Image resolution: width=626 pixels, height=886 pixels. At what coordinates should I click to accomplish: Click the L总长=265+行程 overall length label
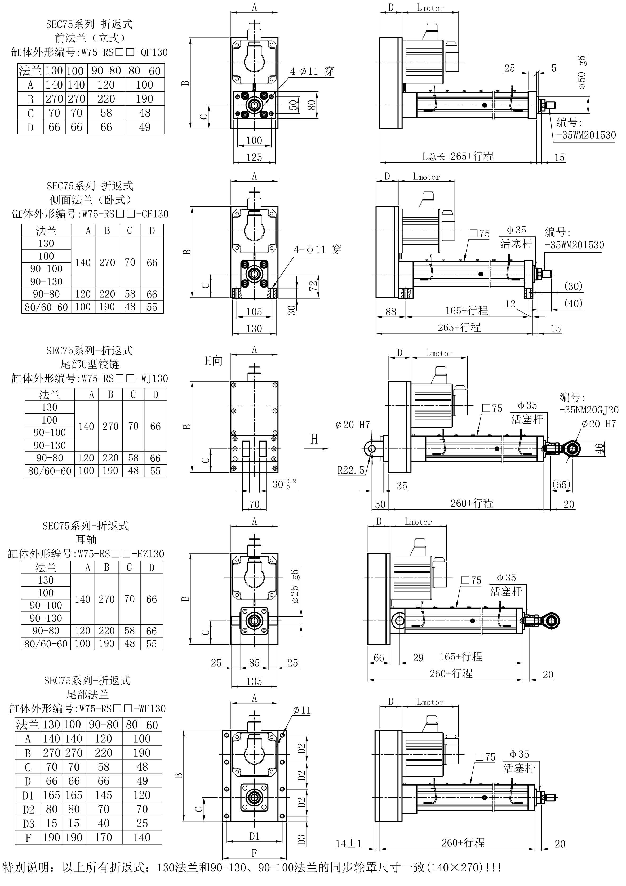pos(458,156)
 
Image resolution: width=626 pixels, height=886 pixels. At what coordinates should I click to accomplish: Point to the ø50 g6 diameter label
pos(582,73)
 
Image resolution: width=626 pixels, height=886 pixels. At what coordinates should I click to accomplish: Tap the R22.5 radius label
pos(351,470)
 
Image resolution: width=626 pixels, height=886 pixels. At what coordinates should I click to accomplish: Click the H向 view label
pos(214,361)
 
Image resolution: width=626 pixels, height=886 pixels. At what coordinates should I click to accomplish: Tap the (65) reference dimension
pos(561,484)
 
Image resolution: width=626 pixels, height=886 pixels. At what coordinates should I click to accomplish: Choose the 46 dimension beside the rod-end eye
pos(599,449)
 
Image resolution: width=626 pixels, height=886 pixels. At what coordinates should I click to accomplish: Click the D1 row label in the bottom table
pos(28,796)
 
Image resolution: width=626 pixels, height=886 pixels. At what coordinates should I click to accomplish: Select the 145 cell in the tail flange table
pos(103,795)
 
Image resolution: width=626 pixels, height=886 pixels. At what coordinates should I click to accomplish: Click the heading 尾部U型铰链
pos(90,364)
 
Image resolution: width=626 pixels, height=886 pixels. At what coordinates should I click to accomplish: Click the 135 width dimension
pos(254,681)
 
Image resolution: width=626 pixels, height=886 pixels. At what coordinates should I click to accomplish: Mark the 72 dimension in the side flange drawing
pos(313,285)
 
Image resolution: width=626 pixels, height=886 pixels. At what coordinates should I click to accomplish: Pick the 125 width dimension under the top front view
pos(254,157)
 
